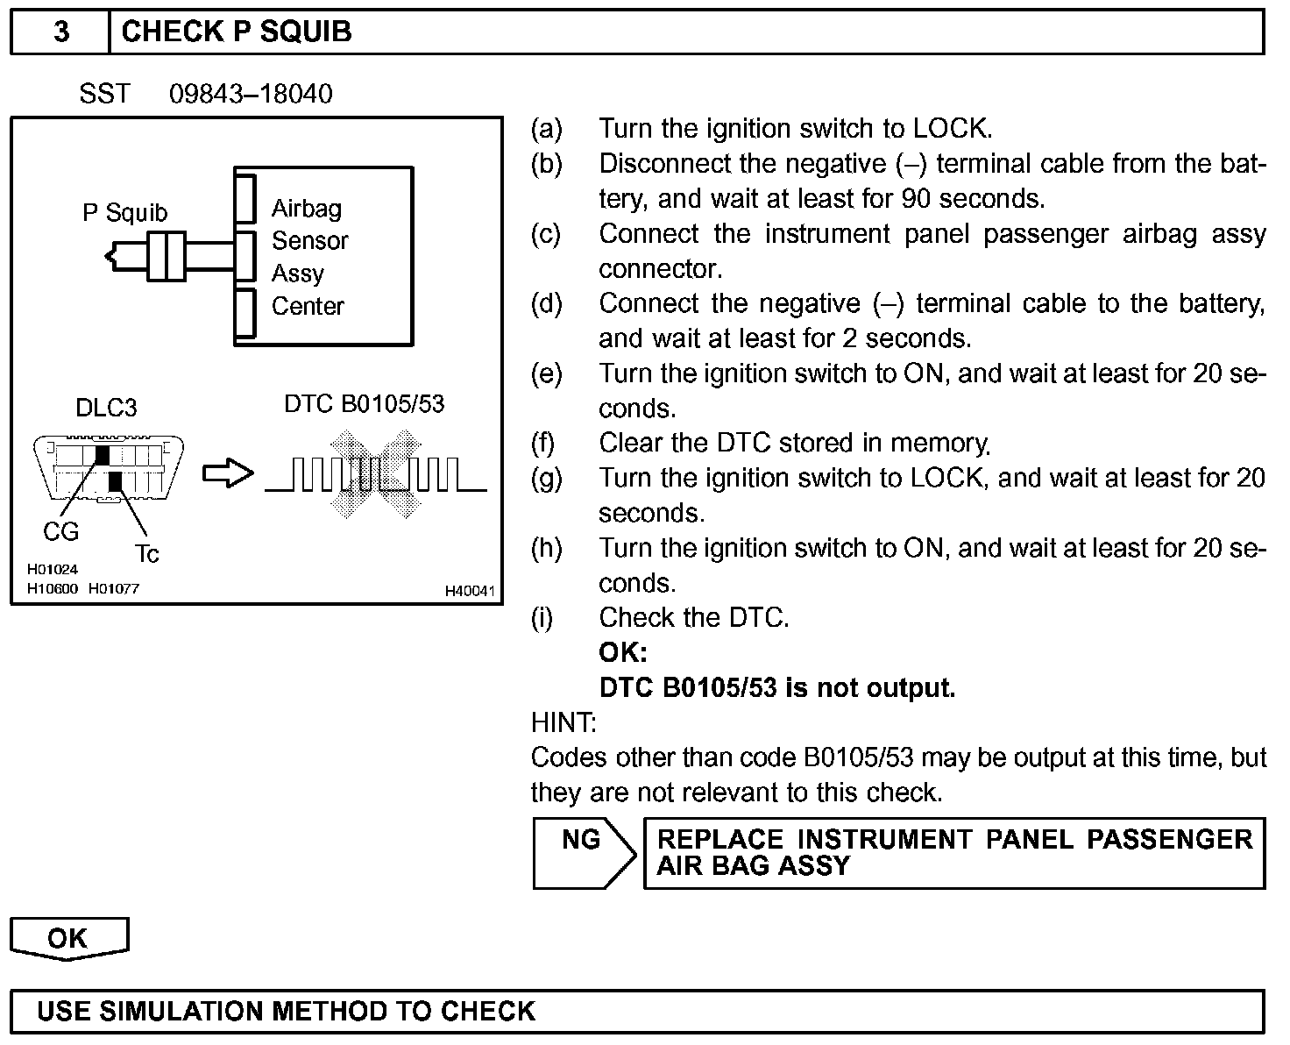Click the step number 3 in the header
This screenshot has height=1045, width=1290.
(61, 32)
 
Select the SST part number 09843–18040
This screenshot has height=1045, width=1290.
(251, 94)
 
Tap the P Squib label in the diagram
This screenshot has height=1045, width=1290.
(124, 213)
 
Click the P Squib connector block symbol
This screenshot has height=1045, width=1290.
(166, 257)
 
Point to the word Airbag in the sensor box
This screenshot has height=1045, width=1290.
(307, 209)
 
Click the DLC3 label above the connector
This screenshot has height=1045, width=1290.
(106, 408)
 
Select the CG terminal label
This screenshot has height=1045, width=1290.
(60, 531)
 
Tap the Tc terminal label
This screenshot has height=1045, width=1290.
(146, 554)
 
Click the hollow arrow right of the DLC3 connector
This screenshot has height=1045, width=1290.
(228, 474)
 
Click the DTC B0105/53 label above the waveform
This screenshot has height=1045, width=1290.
(365, 404)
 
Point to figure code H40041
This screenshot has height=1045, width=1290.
(471, 591)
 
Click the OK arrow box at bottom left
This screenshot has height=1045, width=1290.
(68, 939)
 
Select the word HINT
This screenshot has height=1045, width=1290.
(563, 723)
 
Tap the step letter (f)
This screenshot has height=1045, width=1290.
(543, 444)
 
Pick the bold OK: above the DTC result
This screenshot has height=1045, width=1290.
(623, 653)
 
